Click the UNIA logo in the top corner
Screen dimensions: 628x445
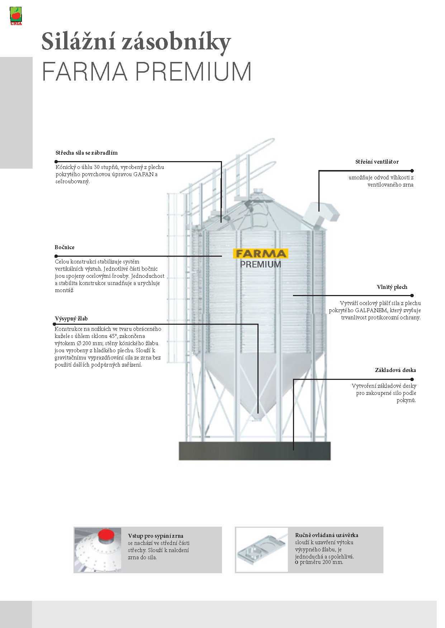(15, 16)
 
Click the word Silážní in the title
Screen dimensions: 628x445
(79, 42)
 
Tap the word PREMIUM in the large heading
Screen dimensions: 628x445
(193, 72)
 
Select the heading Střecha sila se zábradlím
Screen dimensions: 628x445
(86, 153)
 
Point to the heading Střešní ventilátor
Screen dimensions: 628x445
(377, 162)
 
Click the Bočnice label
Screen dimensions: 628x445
(65, 247)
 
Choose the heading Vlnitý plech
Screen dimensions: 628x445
(392, 287)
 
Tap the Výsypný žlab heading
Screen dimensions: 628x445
(71, 319)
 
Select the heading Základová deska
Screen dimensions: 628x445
(395, 370)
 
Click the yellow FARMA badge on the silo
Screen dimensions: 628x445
(261, 253)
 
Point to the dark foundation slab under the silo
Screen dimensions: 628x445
(255, 451)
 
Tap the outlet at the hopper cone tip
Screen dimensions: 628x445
(257, 417)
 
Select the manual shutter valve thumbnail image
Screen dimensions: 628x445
(262, 550)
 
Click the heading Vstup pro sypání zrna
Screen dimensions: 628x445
(156, 536)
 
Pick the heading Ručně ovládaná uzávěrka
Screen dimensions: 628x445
(326, 535)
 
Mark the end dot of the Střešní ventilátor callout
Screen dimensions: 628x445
(412, 171)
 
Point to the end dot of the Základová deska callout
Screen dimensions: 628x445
(412, 379)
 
